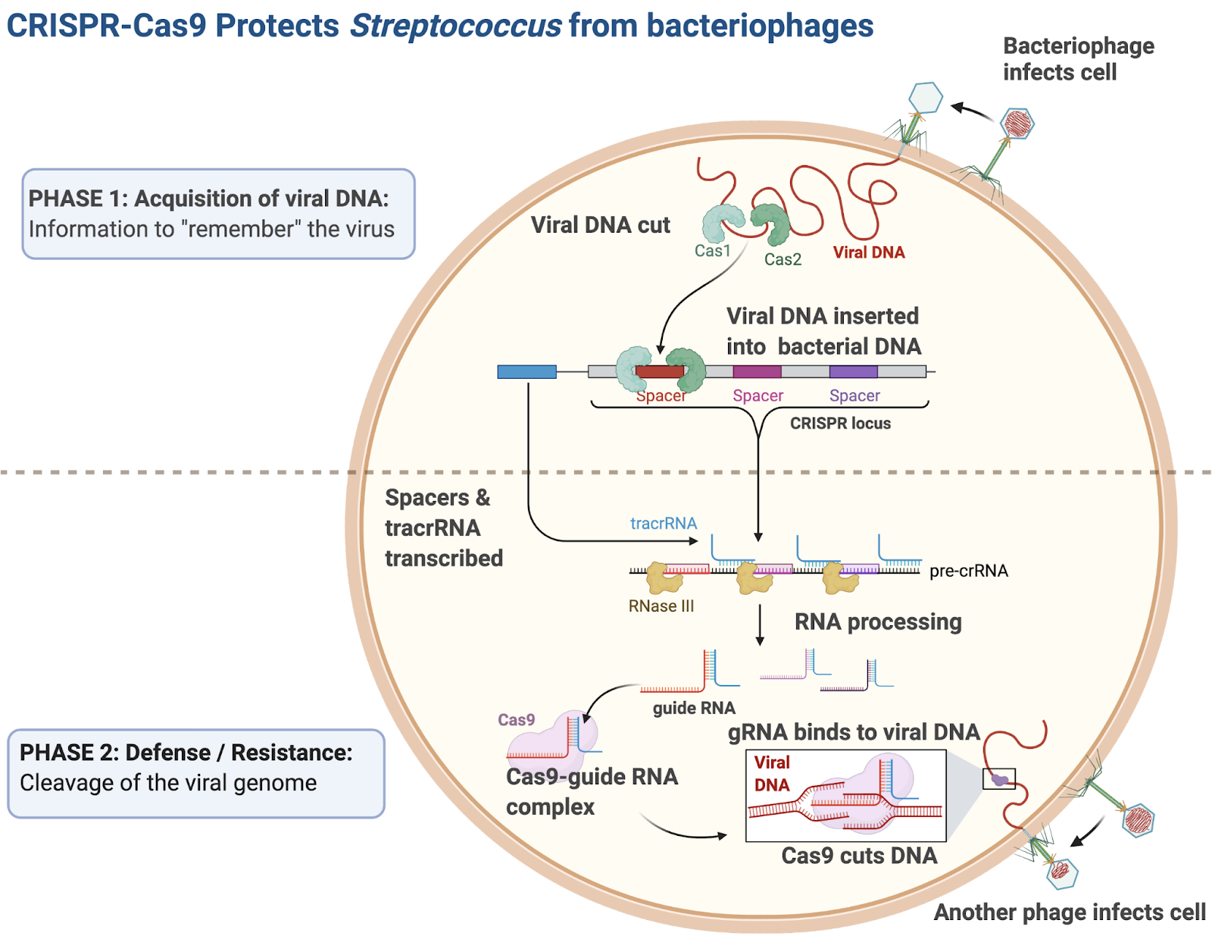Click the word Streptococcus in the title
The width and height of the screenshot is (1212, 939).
pyautogui.click(x=455, y=26)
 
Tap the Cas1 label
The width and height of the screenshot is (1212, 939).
pyautogui.click(x=712, y=251)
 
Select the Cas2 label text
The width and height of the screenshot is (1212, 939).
pyautogui.click(x=782, y=259)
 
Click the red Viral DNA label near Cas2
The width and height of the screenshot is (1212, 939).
pyautogui.click(x=869, y=252)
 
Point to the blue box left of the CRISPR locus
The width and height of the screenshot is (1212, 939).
pyautogui.click(x=526, y=371)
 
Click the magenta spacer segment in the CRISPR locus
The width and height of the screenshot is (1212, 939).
pyautogui.click(x=757, y=371)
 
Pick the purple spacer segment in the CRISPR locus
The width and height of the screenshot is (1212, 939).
pyautogui.click(x=853, y=371)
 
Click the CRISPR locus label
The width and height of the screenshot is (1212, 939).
pyautogui.click(x=840, y=424)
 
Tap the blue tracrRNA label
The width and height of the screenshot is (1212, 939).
pyautogui.click(x=663, y=523)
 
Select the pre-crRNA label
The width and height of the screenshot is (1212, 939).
pyautogui.click(x=968, y=571)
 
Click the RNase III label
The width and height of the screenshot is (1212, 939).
pyautogui.click(x=661, y=606)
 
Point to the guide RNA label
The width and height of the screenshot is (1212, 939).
pyautogui.click(x=694, y=708)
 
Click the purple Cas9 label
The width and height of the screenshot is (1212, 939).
pyautogui.click(x=516, y=720)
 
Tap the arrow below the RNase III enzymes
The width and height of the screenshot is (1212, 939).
pyautogui.click(x=760, y=625)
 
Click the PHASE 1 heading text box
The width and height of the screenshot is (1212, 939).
pyautogui.click(x=218, y=214)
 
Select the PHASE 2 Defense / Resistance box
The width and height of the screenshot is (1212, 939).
pyautogui.click(x=196, y=773)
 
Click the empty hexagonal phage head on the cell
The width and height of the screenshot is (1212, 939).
pyautogui.click(x=925, y=98)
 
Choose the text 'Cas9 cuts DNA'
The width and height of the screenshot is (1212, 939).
pyautogui.click(x=859, y=856)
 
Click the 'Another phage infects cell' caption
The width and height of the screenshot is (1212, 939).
pyautogui.click(x=1069, y=912)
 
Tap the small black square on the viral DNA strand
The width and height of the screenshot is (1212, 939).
pyautogui.click(x=998, y=778)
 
